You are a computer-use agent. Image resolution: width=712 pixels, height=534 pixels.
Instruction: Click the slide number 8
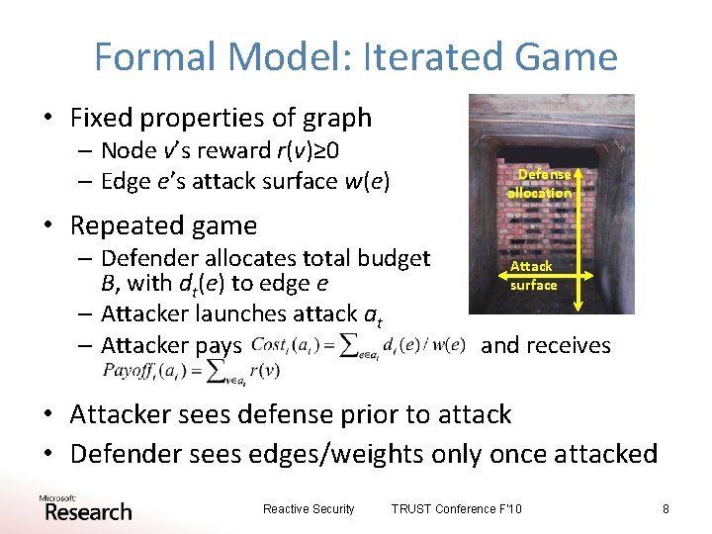(666, 509)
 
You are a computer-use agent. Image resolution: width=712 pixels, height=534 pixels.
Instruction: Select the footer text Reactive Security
(309, 509)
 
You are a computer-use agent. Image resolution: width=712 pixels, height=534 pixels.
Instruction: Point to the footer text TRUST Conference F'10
(457, 509)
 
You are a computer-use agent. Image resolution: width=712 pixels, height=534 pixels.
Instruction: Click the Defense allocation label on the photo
(540, 184)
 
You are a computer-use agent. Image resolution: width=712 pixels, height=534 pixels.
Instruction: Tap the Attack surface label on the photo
(533, 276)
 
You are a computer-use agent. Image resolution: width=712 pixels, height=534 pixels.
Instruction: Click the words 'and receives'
(545, 345)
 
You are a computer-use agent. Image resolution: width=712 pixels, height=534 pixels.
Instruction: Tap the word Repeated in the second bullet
(120, 225)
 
